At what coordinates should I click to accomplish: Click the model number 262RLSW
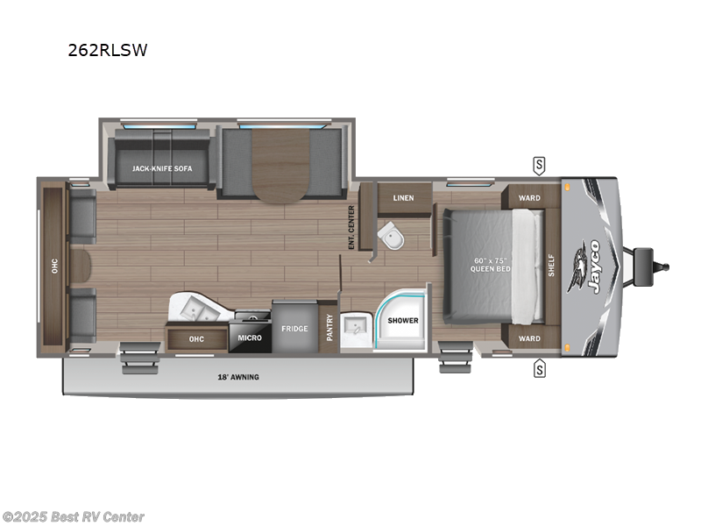(108, 51)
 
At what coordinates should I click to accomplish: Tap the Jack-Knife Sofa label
(162, 167)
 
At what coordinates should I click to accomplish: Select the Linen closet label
(403, 197)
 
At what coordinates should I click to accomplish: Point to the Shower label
(404, 320)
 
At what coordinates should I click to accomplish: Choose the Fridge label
(294, 329)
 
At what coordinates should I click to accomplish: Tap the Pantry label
(329, 327)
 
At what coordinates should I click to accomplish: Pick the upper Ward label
(529, 198)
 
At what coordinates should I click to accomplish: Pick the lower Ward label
(529, 338)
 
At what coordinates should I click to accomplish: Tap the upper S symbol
(539, 164)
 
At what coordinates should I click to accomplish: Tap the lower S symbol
(539, 370)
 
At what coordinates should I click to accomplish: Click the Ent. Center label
(351, 227)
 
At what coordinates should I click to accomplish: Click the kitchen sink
(200, 309)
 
